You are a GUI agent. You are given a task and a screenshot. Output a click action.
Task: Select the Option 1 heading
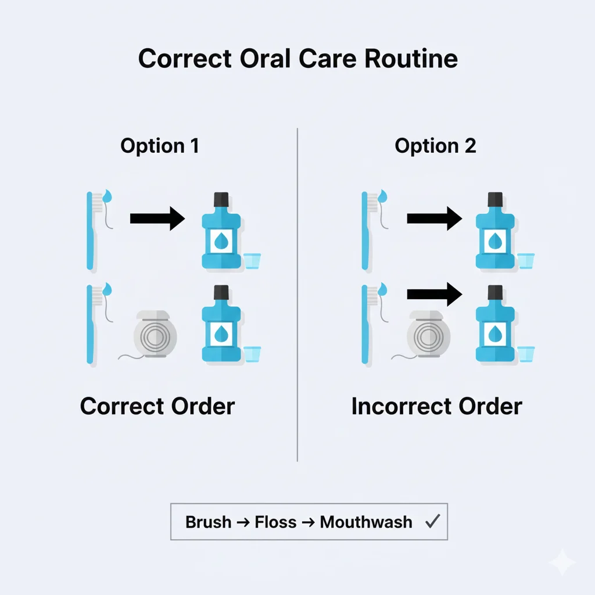click(160, 146)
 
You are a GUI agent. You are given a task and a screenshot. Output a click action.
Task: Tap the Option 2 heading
click(435, 146)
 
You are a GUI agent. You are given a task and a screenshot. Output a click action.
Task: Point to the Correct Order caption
click(157, 406)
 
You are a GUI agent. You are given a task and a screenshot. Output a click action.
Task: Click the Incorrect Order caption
click(436, 406)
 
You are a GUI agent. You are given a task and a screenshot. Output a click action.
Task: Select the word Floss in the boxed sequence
click(275, 522)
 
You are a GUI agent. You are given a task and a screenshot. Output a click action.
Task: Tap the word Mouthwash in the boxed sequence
click(366, 522)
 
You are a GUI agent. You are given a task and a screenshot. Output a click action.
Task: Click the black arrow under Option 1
click(157, 218)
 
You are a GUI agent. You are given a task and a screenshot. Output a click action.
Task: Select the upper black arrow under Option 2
click(433, 218)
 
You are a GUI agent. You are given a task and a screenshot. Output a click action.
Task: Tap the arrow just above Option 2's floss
click(433, 294)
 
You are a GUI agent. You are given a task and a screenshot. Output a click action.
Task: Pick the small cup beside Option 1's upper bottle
click(252, 260)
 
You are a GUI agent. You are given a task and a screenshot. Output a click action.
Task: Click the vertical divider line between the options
click(297, 291)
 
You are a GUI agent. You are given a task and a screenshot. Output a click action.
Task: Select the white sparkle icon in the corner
click(562, 562)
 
